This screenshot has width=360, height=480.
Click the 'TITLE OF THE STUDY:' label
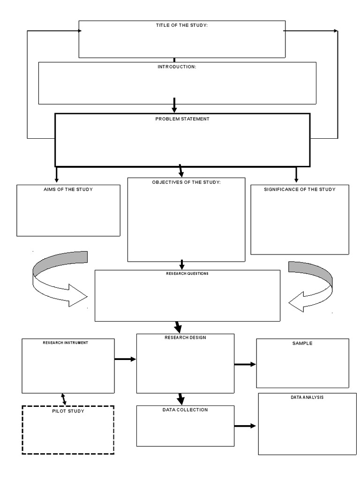coord(181,25)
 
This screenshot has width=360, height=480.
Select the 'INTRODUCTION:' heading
coord(177,67)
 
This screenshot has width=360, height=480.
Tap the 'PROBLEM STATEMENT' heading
coord(182,119)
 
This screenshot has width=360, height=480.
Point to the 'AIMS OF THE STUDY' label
coord(68,189)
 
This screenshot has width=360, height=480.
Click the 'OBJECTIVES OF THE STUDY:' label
coord(186,182)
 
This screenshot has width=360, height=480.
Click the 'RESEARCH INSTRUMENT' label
coord(65,343)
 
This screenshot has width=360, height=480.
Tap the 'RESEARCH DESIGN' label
coord(185,337)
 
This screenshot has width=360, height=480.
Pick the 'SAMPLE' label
coord(302,343)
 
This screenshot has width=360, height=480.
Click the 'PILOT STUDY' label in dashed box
coord(68,411)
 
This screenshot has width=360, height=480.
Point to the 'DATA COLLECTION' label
coord(185,410)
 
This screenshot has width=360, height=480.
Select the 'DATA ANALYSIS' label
coord(307,397)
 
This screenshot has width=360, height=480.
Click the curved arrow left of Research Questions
coord(59,279)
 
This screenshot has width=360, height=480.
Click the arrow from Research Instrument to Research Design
coord(125,359)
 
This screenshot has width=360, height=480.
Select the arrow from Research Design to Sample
coord(245,364)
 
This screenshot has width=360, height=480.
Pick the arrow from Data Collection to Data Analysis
coord(245,426)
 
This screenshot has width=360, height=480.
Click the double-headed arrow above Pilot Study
coord(64,399)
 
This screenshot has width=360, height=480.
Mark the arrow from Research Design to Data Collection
coord(180,399)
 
